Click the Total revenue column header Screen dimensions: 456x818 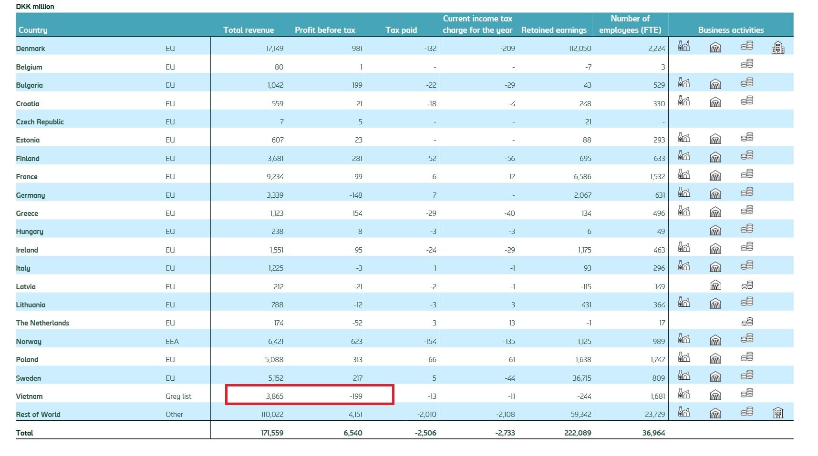click(249, 30)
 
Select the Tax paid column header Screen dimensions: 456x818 click(401, 30)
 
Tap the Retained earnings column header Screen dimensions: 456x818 click(554, 30)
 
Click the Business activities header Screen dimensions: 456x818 click(731, 30)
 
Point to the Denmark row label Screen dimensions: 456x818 click(31, 49)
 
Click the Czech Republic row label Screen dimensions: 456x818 click(40, 122)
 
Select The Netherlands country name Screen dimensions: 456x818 click(42, 323)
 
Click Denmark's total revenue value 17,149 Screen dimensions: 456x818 click(275, 49)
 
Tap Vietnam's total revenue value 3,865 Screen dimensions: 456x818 click(275, 396)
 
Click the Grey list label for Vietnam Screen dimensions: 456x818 click(178, 396)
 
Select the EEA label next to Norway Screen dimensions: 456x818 click(172, 342)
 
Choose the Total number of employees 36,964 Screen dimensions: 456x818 click(653, 433)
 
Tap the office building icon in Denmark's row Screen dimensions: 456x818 click(778, 48)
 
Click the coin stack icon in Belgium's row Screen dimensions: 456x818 click(747, 64)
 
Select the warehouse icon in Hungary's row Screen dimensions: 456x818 click(715, 231)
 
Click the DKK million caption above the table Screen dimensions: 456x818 click(35, 7)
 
